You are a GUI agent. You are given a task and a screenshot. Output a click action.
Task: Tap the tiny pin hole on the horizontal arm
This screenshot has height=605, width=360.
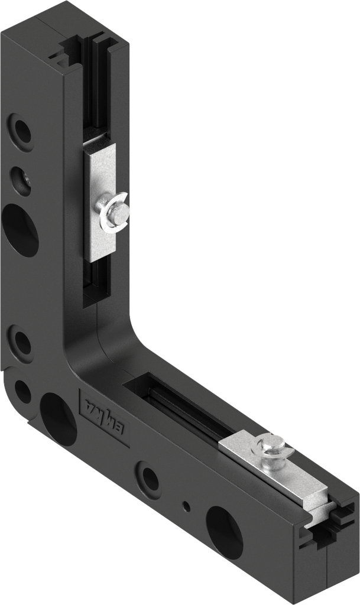[187, 506]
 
